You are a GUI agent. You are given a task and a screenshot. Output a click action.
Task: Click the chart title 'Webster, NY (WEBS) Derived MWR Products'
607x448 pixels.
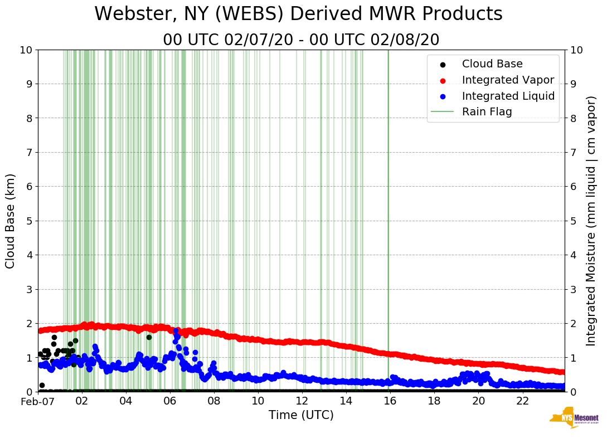pyautogui.click(x=298, y=14)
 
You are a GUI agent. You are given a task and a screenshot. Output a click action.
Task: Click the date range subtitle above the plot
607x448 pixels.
pyautogui.click(x=301, y=40)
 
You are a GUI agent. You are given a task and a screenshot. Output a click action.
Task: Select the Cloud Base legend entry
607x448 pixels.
pyautogui.click(x=492, y=64)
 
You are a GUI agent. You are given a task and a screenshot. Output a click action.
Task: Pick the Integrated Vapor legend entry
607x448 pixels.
pyautogui.click(x=508, y=80)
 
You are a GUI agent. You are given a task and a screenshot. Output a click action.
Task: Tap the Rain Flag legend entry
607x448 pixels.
pyautogui.click(x=487, y=111)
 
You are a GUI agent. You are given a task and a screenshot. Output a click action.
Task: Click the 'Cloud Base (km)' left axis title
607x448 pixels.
pyautogui.click(x=11, y=221)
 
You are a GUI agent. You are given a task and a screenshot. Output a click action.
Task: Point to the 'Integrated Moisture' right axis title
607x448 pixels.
pyautogui.click(x=591, y=221)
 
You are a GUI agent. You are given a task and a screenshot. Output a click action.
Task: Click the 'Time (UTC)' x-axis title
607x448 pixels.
pyautogui.click(x=301, y=415)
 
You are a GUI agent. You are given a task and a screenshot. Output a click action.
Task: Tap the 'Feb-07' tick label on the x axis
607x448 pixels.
pyautogui.click(x=37, y=401)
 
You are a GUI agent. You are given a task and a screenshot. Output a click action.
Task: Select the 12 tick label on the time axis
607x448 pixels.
pyautogui.click(x=302, y=401)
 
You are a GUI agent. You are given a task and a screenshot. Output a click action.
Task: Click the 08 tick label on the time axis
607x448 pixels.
pyautogui.click(x=214, y=401)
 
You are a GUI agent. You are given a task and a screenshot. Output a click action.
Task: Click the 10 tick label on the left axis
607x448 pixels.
pyautogui.click(x=26, y=50)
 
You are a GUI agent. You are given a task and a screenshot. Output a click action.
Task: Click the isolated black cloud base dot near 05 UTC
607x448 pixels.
pyautogui.click(x=149, y=337)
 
